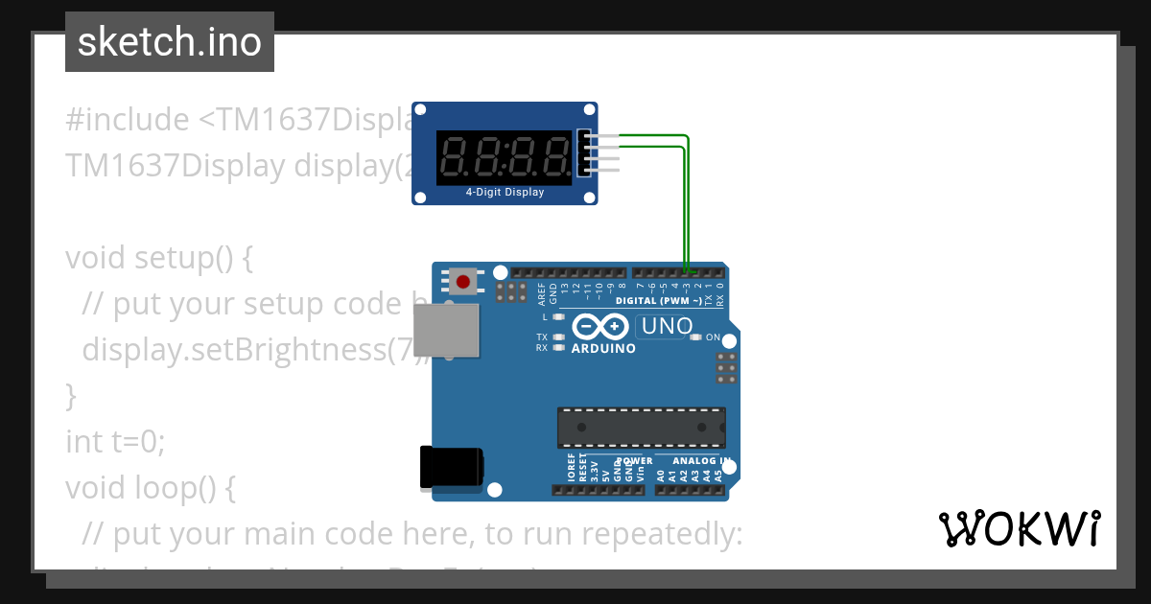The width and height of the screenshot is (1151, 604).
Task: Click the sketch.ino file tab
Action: [x=170, y=42]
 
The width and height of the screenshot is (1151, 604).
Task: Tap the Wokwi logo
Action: [x=1019, y=528]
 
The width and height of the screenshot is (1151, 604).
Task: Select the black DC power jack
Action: [x=450, y=469]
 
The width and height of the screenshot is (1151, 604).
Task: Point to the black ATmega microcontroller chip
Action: [x=641, y=428]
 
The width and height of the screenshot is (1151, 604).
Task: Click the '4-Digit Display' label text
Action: [x=505, y=192]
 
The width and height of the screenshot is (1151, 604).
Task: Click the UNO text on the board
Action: [x=667, y=326]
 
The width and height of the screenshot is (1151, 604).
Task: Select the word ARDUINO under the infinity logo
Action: [x=603, y=349]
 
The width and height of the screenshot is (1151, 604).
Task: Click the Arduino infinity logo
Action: [x=601, y=327]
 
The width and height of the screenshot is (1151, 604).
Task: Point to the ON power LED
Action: [x=696, y=337]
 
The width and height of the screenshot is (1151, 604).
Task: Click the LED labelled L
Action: [x=558, y=316]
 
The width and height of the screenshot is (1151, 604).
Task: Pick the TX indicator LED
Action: [x=558, y=337]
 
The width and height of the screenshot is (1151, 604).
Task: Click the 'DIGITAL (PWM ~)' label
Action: [x=659, y=300]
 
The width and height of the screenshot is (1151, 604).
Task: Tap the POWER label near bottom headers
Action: [x=632, y=460]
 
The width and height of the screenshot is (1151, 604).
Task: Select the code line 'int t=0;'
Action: [x=115, y=442]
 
